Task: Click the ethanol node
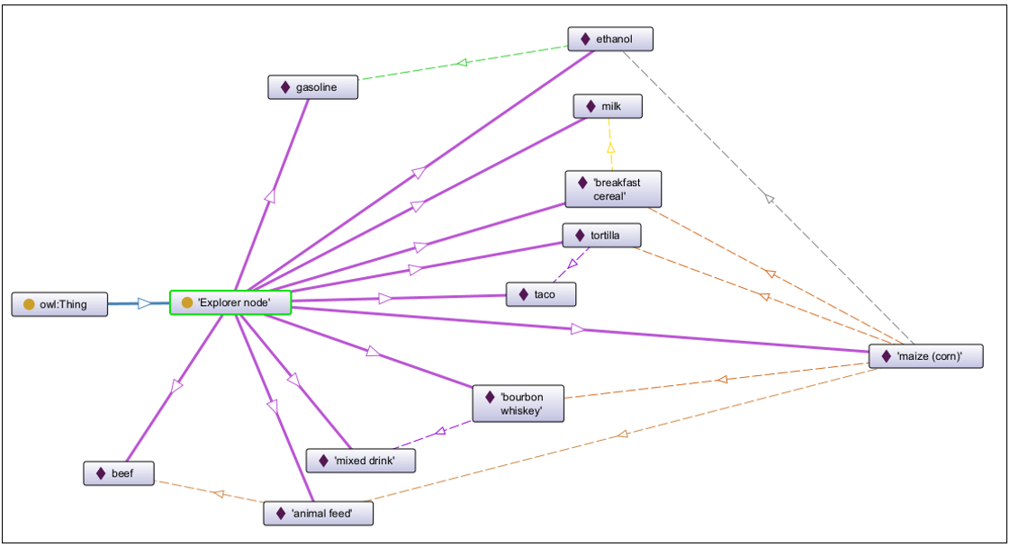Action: (x=610, y=40)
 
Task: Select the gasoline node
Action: (x=313, y=87)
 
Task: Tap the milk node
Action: (x=609, y=106)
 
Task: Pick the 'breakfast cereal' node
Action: (x=613, y=190)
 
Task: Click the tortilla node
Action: (x=602, y=236)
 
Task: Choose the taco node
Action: (x=540, y=294)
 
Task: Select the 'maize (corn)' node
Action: (x=925, y=356)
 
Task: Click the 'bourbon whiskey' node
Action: (x=520, y=404)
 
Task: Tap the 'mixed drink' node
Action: (x=362, y=462)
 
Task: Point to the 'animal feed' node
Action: (x=319, y=514)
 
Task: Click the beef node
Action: (x=119, y=473)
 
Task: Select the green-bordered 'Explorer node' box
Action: (x=231, y=303)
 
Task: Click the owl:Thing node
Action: (x=60, y=304)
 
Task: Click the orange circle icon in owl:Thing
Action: (x=29, y=304)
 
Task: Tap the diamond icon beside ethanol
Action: (x=586, y=40)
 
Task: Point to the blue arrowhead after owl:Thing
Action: (x=145, y=304)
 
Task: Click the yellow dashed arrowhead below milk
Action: (x=610, y=147)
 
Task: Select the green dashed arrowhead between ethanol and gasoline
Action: (x=462, y=62)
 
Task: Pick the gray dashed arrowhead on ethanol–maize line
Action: (x=768, y=197)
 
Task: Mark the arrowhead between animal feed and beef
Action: (x=218, y=493)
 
